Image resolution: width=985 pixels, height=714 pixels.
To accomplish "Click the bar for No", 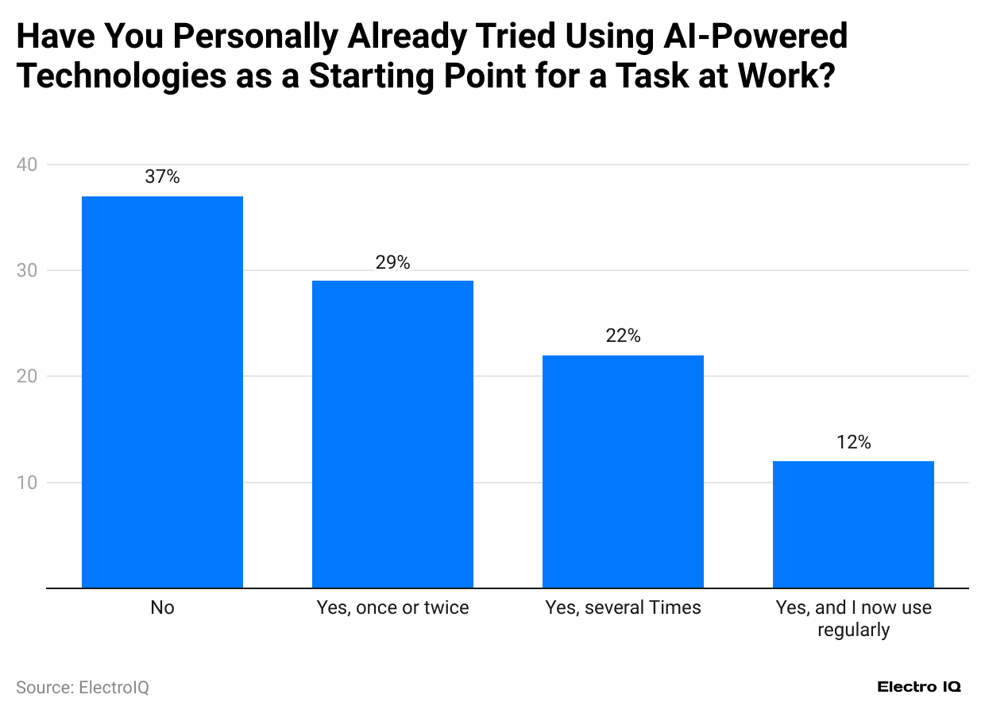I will [x=162, y=392].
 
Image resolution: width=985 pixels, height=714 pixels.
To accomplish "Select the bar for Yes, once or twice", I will [x=392, y=434].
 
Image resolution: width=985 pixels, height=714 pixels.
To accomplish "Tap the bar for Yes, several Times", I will [x=623, y=471].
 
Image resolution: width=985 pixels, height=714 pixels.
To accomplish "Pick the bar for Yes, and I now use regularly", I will [x=853, y=525].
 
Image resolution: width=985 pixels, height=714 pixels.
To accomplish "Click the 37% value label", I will [x=162, y=177].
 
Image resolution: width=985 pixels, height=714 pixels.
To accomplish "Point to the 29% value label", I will [x=392, y=262].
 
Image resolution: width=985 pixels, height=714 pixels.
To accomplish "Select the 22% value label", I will [x=623, y=336].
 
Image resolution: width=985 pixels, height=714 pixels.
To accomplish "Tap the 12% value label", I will [x=853, y=442].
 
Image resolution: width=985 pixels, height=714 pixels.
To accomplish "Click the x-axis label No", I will [x=162, y=608].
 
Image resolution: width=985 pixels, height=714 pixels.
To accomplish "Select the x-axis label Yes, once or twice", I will [x=392, y=608].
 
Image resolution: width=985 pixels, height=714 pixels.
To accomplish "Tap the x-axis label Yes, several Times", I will [x=623, y=608].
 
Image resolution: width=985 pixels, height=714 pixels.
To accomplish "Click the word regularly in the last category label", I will [x=853, y=631].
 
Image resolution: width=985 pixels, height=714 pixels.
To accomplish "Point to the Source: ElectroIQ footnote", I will [x=83, y=687].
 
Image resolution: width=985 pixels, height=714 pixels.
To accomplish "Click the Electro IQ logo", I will [x=919, y=687].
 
